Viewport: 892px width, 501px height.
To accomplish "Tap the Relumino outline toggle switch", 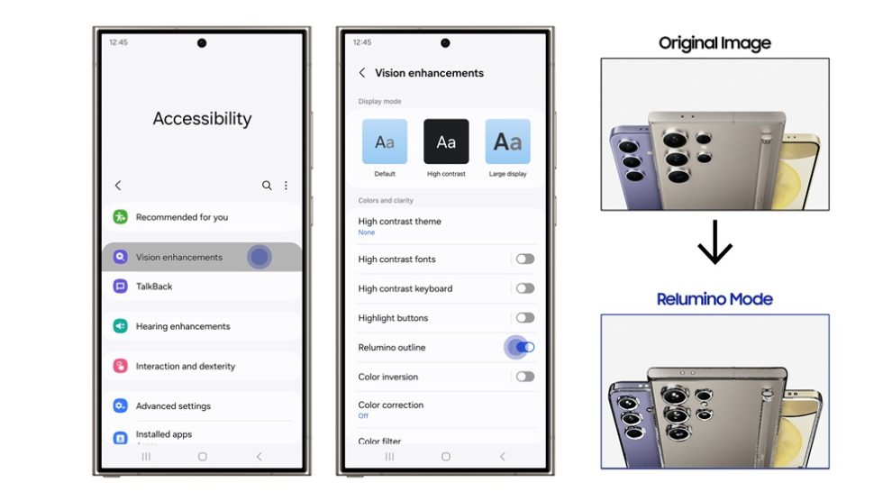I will coord(524,347).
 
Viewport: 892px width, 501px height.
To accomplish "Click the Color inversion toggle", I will coord(524,377).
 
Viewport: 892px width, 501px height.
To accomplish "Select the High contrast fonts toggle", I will coord(524,259).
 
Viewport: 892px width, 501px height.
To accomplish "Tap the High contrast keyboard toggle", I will coord(524,288).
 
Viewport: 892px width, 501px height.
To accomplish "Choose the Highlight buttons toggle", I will coord(524,318).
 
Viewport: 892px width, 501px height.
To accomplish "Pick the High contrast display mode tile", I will coord(446,141).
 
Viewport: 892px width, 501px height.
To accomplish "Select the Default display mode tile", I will coord(385,141).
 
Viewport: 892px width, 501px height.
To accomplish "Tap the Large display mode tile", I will coord(507,141).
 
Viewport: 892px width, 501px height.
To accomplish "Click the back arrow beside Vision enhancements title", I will coord(362,73).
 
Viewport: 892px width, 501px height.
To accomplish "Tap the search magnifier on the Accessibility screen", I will coord(267,186).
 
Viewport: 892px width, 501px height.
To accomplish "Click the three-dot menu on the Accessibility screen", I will coord(286,186).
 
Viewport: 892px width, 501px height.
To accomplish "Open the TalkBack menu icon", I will coord(120,287).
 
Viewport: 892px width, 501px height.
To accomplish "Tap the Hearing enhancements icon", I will coord(120,326).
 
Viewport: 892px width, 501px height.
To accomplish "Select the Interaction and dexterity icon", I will coord(120,366).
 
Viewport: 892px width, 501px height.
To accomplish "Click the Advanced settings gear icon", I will coord(120,406).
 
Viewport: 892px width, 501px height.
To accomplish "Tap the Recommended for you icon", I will coord(120,217).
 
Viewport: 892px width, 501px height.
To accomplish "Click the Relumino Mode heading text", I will coord(715,299).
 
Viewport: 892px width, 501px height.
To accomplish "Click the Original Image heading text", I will coord(715,43).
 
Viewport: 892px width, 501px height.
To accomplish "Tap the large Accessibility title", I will coord(202,119).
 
